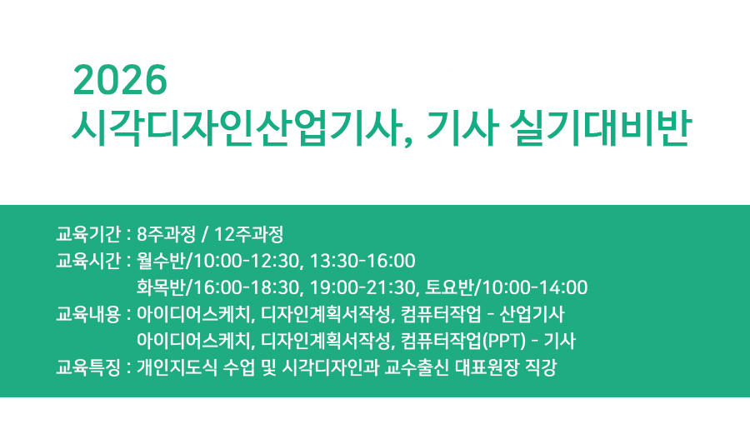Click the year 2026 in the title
121,80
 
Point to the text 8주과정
165,232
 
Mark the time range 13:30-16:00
362,260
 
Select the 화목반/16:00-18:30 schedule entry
217,287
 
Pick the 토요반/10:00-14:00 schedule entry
507,287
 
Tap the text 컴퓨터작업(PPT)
449,341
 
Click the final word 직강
542,367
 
